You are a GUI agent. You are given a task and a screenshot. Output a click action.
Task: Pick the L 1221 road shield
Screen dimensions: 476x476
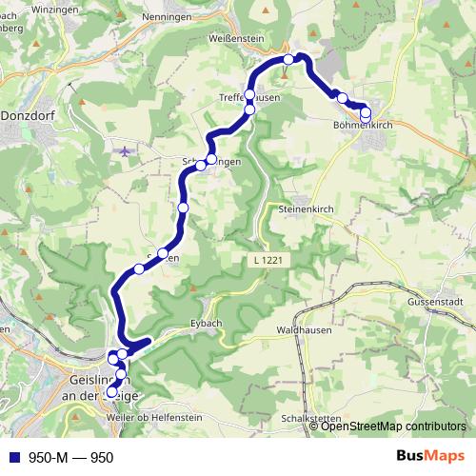pos(271,259)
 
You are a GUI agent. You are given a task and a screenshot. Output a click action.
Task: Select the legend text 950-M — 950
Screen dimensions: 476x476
pos(70,457)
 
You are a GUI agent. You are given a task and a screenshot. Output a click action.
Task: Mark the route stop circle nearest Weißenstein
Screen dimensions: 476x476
pos(288,60)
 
